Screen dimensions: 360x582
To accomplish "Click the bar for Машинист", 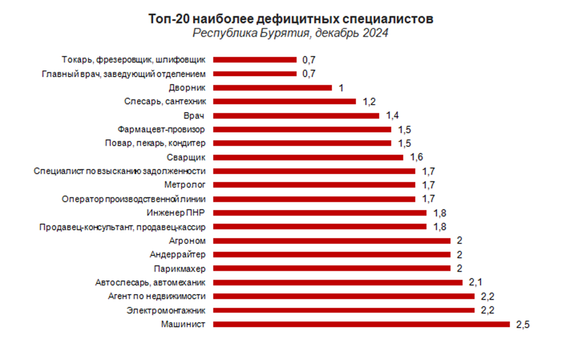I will click(361, 324).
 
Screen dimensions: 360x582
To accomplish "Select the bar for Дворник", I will click(273, 88).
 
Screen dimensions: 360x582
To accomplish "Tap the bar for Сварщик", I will click(308, 157).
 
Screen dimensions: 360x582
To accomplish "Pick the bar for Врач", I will click(296, 116).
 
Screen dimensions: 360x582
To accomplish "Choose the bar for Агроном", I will click(332, 240).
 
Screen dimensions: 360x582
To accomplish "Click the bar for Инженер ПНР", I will click(320, 212).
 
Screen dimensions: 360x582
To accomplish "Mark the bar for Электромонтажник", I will click(344, 310).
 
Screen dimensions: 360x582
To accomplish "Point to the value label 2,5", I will click(522, 324).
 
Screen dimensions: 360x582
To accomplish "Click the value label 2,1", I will click(475, 282).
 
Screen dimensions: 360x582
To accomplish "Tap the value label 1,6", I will click(416, 158).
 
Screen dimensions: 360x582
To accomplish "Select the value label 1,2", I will click(369, 102).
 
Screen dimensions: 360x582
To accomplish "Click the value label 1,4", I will click(392, 116).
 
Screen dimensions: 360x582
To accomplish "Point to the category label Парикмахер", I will click(179, 268).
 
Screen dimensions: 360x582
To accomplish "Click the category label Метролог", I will click(185, 185).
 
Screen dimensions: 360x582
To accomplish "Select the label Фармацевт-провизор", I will click(162, 130).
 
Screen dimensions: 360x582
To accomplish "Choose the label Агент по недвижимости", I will click(157, 296).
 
